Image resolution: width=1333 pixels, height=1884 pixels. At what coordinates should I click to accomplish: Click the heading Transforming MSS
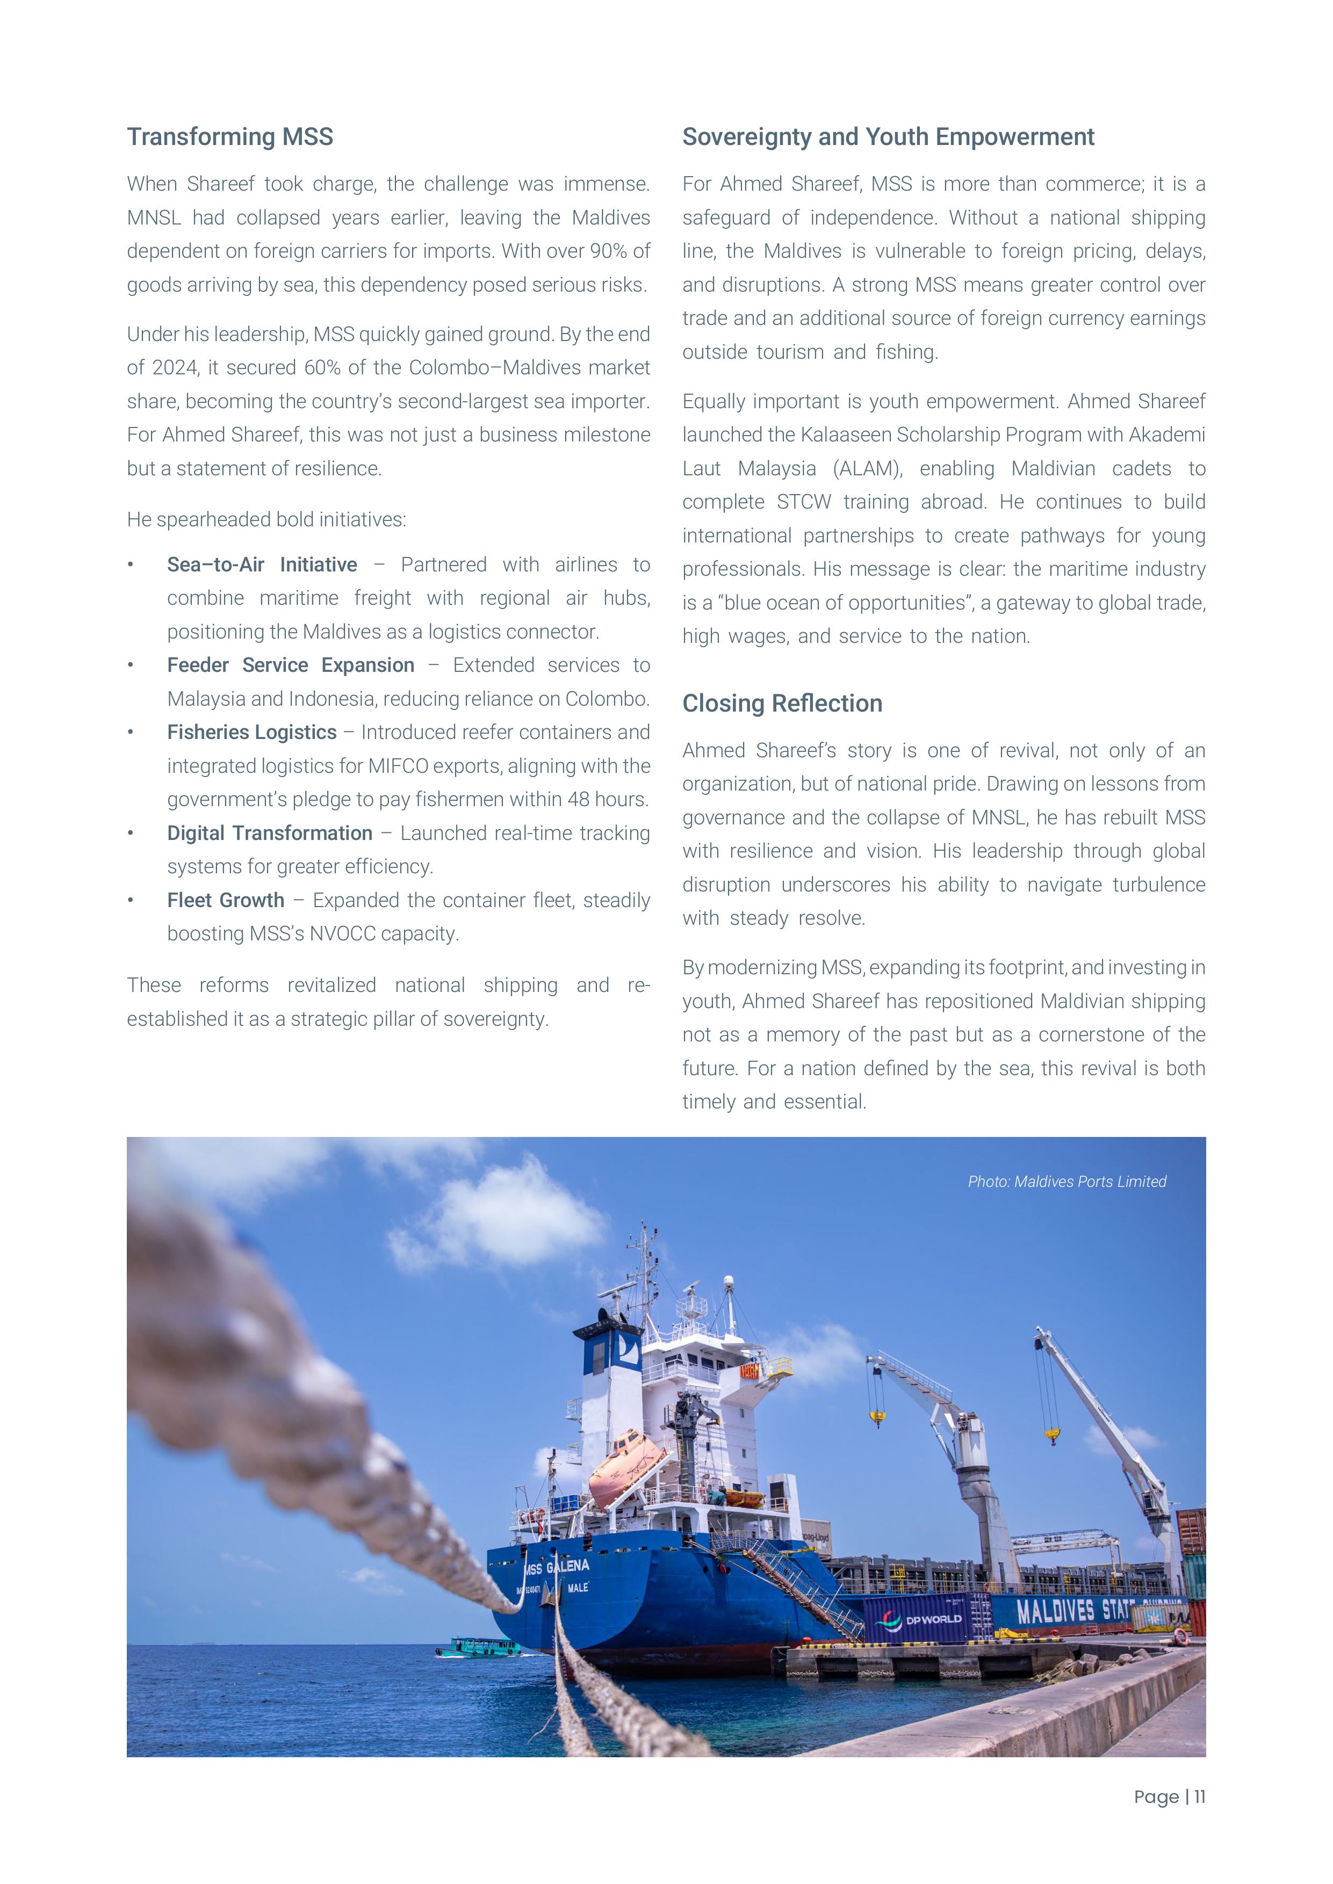coord(230,137)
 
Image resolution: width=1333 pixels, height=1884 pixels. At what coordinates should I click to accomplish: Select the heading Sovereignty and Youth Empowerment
coord(888,137)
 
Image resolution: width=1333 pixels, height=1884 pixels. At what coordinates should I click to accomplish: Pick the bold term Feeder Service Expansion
coord(291,665)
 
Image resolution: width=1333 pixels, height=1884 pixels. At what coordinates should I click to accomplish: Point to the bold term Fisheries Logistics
coord(252,732)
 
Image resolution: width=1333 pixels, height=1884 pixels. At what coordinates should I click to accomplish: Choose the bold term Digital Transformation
coord(269,833)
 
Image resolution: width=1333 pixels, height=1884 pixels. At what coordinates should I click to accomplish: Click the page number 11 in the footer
coord(1199,1797)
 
